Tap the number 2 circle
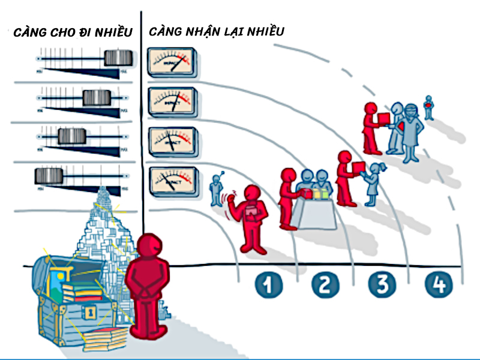coord(325,284)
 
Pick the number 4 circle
coord(439,284)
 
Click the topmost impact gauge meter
coord(172,63)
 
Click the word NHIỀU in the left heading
coord(110,31)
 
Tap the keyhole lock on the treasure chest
coord(89,312)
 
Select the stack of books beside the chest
coord(106,338)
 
